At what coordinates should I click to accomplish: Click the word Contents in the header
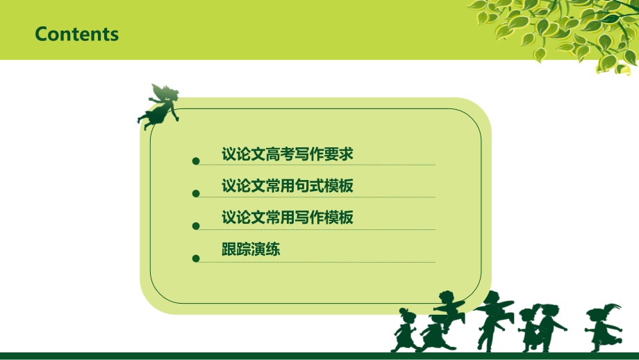(76, 34)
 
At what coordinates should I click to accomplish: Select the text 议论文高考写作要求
(287, 154)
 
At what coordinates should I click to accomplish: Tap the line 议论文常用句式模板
(287, 186)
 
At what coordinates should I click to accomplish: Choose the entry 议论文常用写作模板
(287, 218)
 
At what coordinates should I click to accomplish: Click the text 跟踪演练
(251, 249)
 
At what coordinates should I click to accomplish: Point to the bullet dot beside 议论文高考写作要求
(196, 161)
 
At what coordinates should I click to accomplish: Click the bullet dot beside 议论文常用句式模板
(196, 194)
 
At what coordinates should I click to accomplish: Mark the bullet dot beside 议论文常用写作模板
(196, 226)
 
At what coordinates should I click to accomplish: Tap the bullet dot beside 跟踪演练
(196, 259)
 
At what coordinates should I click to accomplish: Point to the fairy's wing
(158, 92)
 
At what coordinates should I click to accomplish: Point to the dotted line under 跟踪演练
(316, 262)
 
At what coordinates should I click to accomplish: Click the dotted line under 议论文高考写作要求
(316, 165)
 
